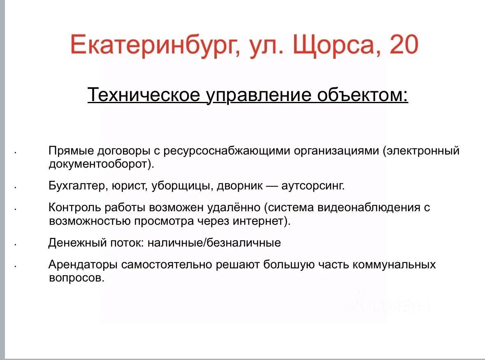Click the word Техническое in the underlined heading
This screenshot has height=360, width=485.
pos(144,94)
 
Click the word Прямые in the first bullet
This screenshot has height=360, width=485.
pos(71,151)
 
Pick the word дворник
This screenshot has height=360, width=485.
pos(240,186)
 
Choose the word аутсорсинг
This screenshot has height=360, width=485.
pos(312,186)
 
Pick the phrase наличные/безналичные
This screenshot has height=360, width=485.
pos(214,243)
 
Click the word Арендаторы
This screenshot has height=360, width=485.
pos(83,265)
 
